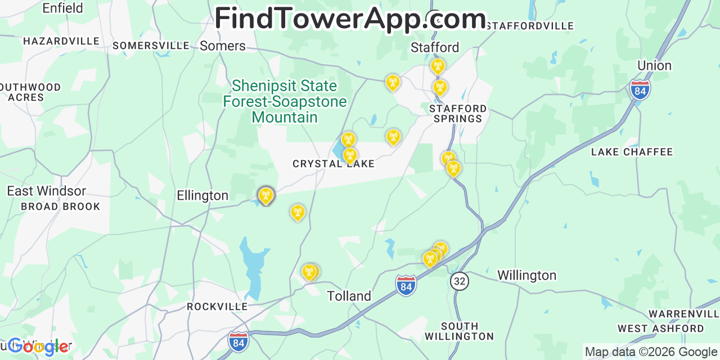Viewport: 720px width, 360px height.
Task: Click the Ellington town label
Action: point(202,196)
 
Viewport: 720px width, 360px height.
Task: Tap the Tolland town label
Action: point(349,296)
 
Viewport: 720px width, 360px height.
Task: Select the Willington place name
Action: point(526,275)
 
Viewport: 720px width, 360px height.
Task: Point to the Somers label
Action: point(223,46)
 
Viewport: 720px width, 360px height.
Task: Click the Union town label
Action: point(654,66)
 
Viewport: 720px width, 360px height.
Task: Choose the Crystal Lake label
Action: point(334,164)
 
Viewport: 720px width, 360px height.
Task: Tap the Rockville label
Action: point(217,307)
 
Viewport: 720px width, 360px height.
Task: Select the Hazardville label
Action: point(61,41)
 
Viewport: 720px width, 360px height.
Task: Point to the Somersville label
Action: point(151,46)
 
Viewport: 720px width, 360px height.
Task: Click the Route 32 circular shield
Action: point(460,281)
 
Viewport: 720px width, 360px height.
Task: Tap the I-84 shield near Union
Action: point(640,90)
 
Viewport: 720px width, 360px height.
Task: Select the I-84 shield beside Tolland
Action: point(406,285)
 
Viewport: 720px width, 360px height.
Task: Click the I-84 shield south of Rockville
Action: point(238,341)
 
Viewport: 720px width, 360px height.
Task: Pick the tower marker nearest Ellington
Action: point(266,195)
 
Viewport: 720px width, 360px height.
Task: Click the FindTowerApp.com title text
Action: point(350,19)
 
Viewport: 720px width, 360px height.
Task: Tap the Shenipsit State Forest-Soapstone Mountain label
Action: point(285,101)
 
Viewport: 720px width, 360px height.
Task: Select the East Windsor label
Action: point(47,191)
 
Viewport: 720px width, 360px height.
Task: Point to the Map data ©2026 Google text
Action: point(651,352)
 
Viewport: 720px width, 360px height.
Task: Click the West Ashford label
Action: point(660,328)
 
